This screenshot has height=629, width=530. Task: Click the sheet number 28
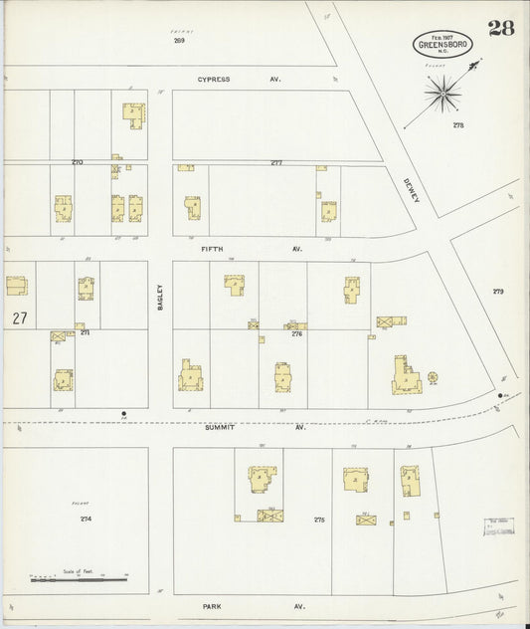501,27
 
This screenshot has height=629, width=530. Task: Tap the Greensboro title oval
442,43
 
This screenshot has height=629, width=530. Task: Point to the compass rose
443,95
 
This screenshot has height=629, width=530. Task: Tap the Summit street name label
219,427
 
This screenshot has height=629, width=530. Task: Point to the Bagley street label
159,298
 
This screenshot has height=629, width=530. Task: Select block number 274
86,519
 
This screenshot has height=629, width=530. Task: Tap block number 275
319,520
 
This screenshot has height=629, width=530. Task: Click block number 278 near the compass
457,125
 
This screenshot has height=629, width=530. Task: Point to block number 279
498,292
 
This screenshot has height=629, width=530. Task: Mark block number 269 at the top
179,41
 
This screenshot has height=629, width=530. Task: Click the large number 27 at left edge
19,318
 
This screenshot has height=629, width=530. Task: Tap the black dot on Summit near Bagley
123,413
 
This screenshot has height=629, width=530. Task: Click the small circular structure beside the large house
433,377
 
